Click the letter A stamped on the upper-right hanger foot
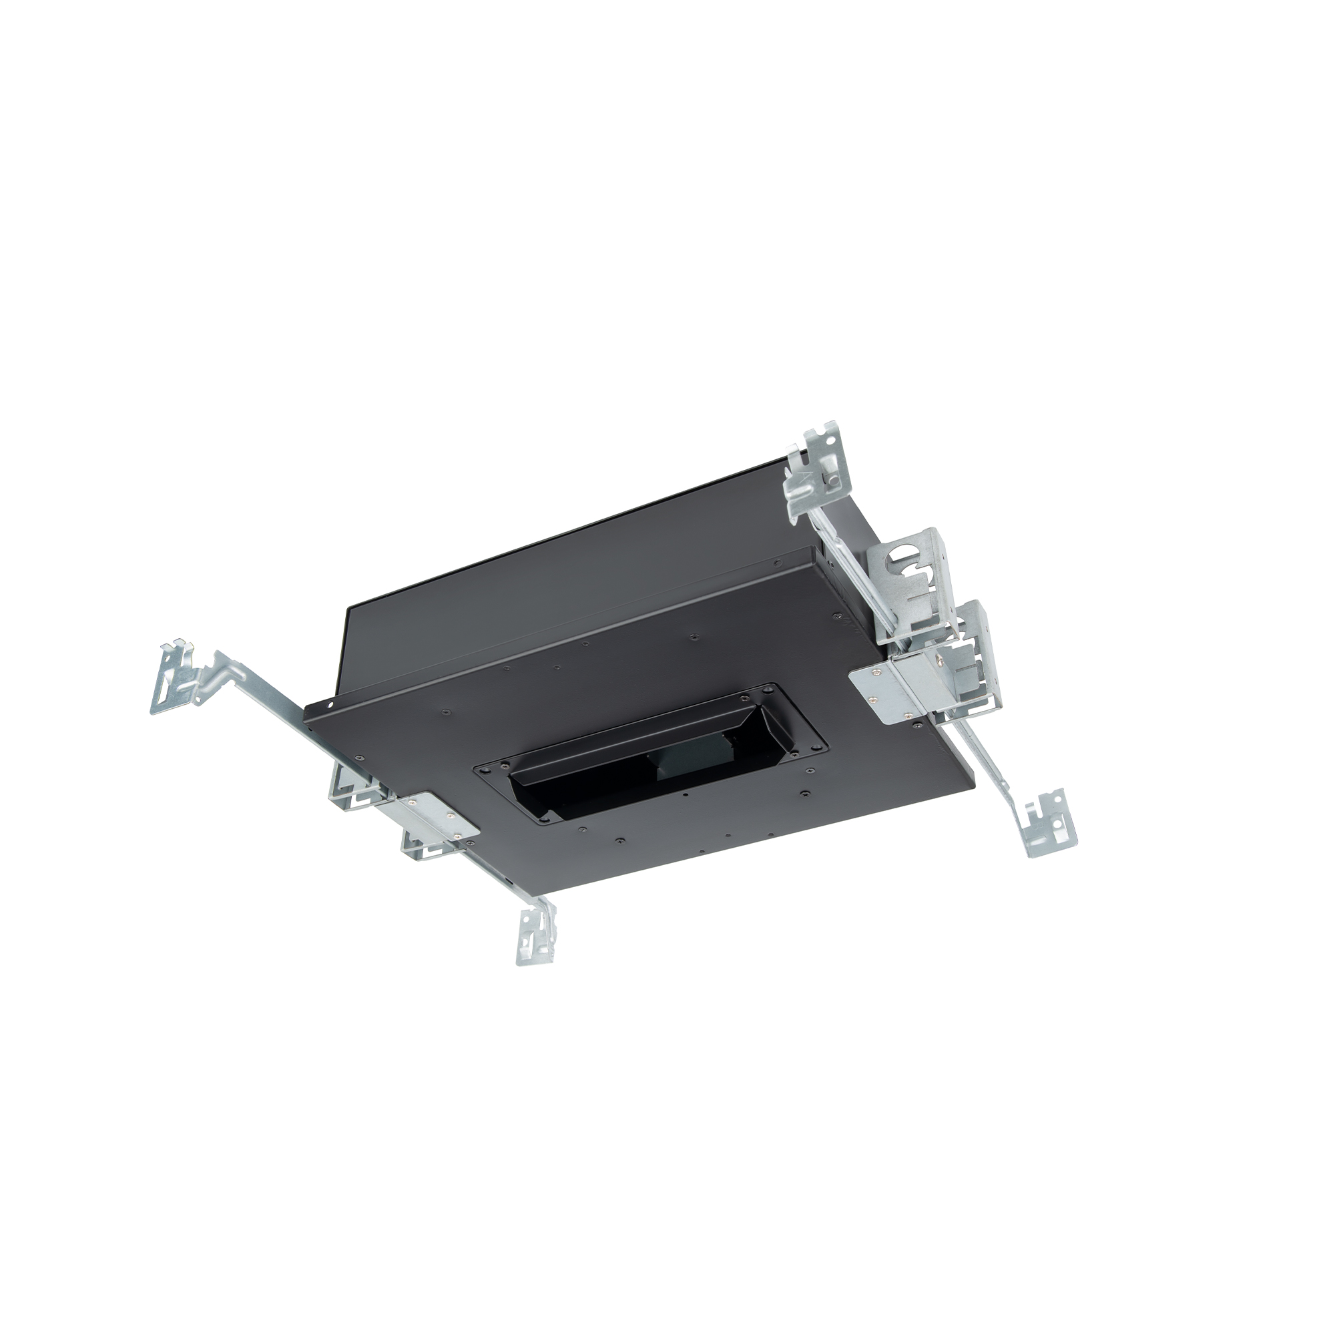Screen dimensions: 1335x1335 [x=796, y=478]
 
